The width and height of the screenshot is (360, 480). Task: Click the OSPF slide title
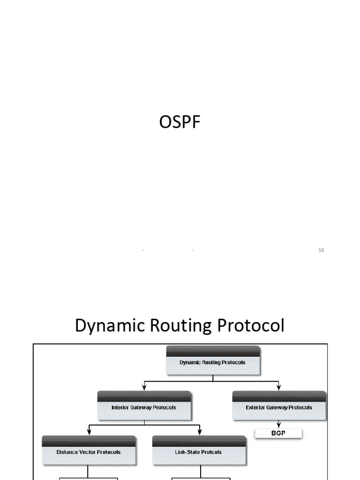pyautogui.click(x=180, y=123)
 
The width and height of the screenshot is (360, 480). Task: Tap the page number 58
pyautogui.click(x=321, y=250)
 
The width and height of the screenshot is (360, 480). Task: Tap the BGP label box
pyautogui.click(x=279, y=434)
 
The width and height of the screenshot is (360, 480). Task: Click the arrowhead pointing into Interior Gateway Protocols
pyautogui.click(x=144, y=387)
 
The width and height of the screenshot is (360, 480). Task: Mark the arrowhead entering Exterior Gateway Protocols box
pyautogui.click(x=279, y=387)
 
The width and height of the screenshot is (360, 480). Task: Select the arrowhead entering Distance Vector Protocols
pyautogui.click(x=89, y=432)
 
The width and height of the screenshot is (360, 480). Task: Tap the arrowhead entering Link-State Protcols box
pyautogui.click(x=200, y=432)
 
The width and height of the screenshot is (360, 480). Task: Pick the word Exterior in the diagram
pyautogui.click(x=255, y=407)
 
